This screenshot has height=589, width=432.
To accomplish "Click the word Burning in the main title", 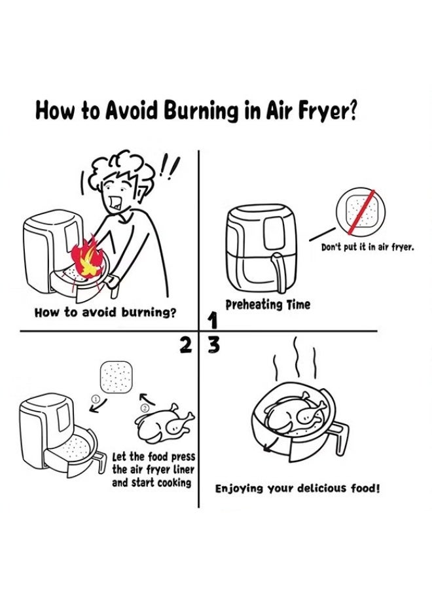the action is click(x=202, y=111).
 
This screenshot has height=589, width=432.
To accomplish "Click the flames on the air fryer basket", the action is click(x=87, y=258).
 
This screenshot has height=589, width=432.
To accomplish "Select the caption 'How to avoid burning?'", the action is click(x=105, y=312).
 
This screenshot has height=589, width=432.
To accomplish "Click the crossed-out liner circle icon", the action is click(x=360, y=211).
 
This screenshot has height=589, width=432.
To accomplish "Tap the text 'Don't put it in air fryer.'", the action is click(x=368, y=247).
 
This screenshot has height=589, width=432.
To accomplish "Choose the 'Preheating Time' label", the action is click(x=268, y=304).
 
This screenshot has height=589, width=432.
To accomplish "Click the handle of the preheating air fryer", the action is click(x=278, y=272).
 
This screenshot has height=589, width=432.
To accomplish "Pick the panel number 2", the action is click(x=185, y=345).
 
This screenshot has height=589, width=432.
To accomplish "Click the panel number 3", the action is click(x=213, y=346).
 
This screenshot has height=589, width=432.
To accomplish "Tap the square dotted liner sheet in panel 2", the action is click(x=116, y=377).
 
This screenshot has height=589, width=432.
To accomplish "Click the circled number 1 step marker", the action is click(x=96, y=398).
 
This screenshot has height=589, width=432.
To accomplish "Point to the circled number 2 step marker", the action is click(x=146, y=408).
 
